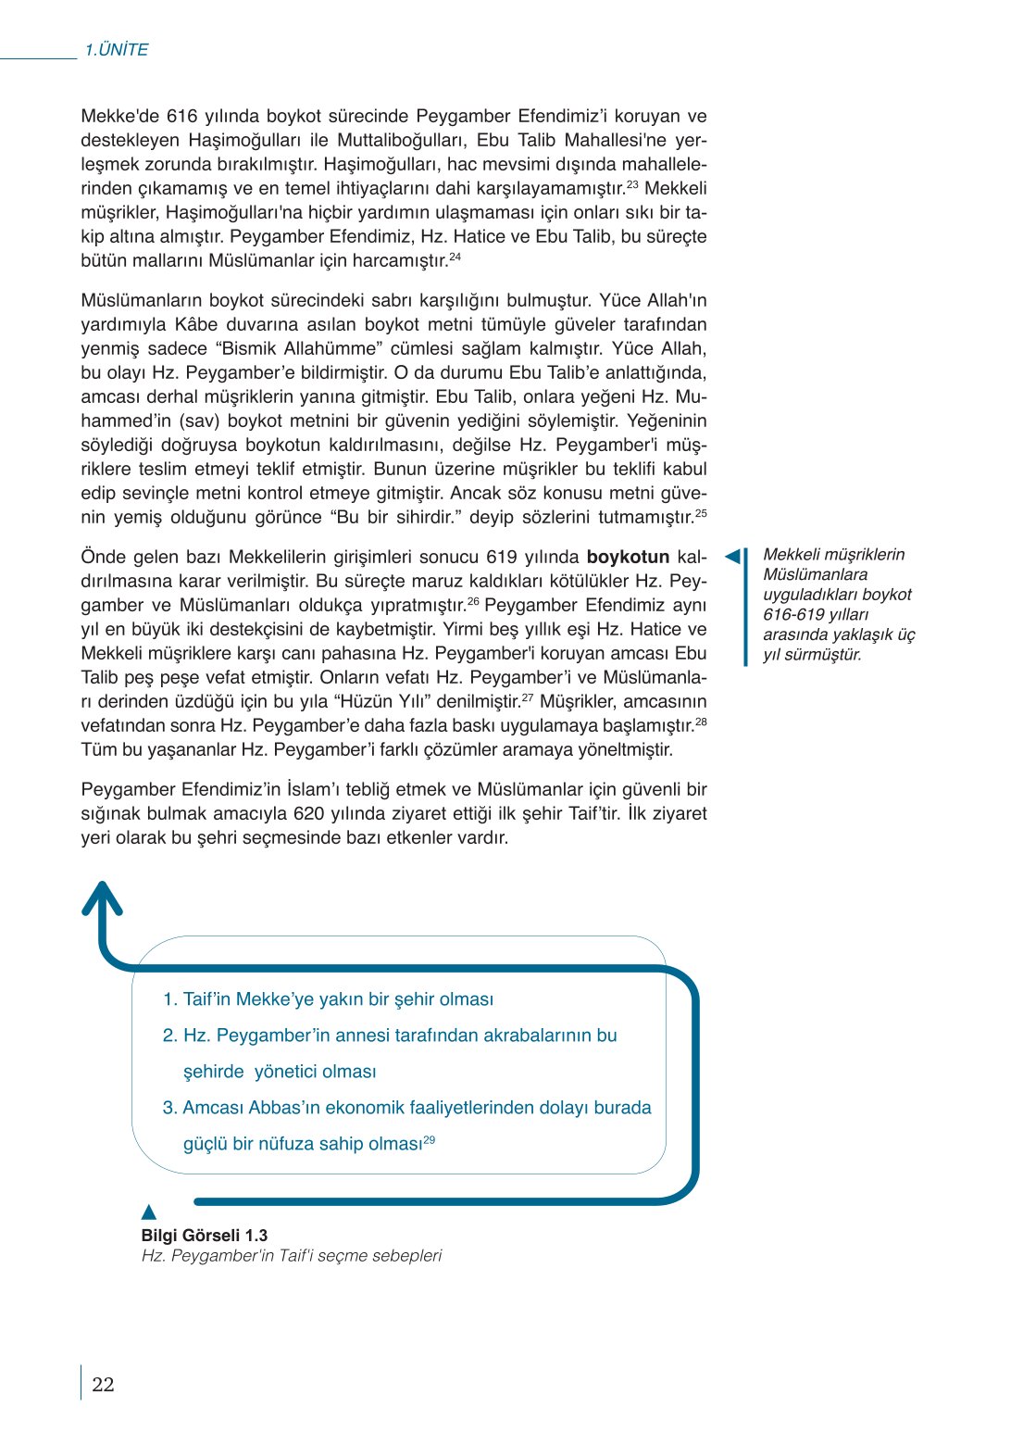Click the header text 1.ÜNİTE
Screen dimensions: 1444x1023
coord(117,50)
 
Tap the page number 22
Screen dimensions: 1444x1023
coord(103,1385)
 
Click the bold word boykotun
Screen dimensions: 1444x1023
coord(628,558)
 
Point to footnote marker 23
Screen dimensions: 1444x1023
coord(632,184)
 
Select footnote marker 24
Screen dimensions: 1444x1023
coord(455,257)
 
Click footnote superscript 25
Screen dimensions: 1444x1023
coord(701,513)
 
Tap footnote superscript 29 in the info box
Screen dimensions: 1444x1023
coord(430,1140)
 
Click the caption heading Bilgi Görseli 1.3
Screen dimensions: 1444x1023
coord(205,1236)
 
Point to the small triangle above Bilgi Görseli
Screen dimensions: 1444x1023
coord(149,1212)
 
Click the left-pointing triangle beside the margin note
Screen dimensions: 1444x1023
coord(732,556)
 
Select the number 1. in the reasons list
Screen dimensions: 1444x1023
coord(170,999)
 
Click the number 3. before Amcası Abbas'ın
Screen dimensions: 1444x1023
coord(170,1108)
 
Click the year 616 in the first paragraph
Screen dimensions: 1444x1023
coord(182,117)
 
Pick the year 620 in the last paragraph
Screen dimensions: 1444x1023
coord(308,814)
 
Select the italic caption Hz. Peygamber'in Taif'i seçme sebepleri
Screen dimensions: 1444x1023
coord(292,1256)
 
